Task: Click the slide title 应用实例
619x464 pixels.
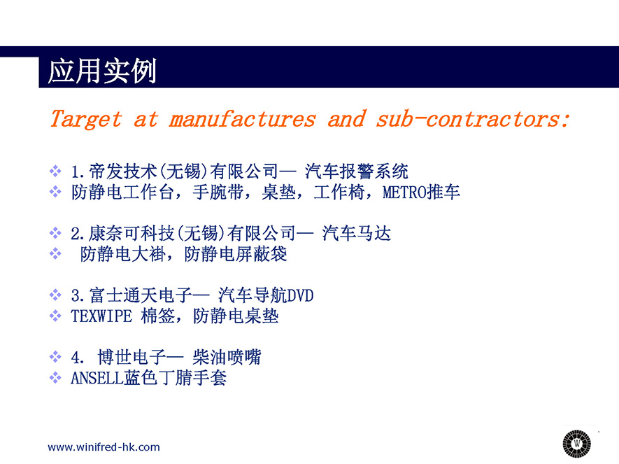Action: [x=102, y=71]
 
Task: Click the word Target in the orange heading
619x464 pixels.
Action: [x=86, y=119]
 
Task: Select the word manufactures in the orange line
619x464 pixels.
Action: [x=243, y=119]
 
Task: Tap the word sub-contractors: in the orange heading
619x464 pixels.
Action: [x=473, y=119]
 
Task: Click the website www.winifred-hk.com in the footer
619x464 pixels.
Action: [x=104, y=447]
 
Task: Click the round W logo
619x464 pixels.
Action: [x=577, y=444]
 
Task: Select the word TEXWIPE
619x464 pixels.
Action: [x=101, y=316]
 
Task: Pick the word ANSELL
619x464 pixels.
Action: [x=97, y=378]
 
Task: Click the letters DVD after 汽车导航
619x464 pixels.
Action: [x=301, y=295]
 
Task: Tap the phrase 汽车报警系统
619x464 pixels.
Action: [x=357, y=171]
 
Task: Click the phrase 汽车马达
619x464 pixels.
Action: [x=357, y=233]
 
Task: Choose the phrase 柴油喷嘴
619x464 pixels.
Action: [x=227, y=357]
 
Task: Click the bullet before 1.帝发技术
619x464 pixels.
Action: [x=55, y=171]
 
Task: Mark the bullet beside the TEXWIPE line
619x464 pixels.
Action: [x=55, y=316]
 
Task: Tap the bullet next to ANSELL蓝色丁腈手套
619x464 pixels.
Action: [x=55, y=378]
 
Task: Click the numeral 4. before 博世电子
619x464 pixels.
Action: [x=78, y=358]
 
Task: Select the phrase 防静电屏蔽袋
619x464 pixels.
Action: [x=236, y=254]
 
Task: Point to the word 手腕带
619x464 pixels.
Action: [x=218, y=192]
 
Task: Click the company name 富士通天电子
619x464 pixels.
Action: [x=141, y=295]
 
